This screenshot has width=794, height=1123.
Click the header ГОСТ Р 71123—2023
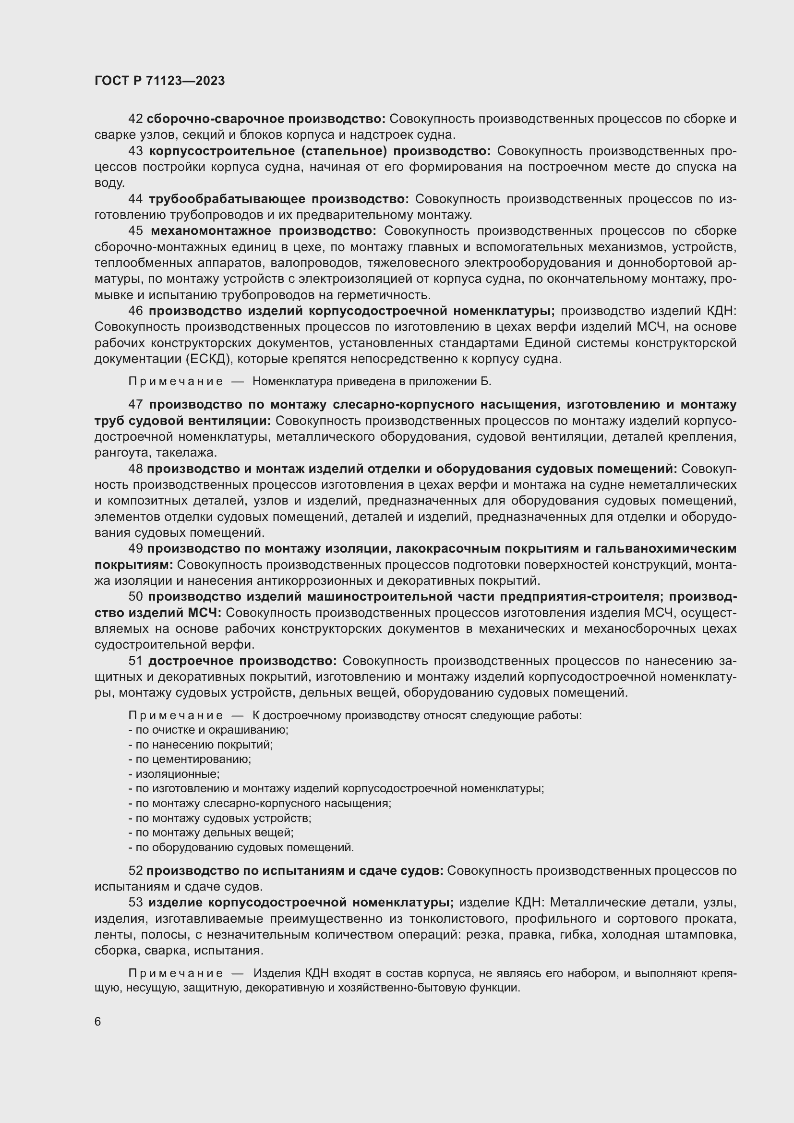tap(159, 81)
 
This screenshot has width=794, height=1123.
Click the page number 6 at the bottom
tap(98, 1022)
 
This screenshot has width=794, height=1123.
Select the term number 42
tap(135, 119)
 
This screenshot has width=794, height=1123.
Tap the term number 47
tap(135, 404)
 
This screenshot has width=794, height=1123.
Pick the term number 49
tap(135, 549)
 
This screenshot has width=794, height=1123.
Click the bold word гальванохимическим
tap(672, 549)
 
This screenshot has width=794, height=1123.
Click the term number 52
tap(135, 870)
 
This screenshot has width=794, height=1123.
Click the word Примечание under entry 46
tap(176, 382)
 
